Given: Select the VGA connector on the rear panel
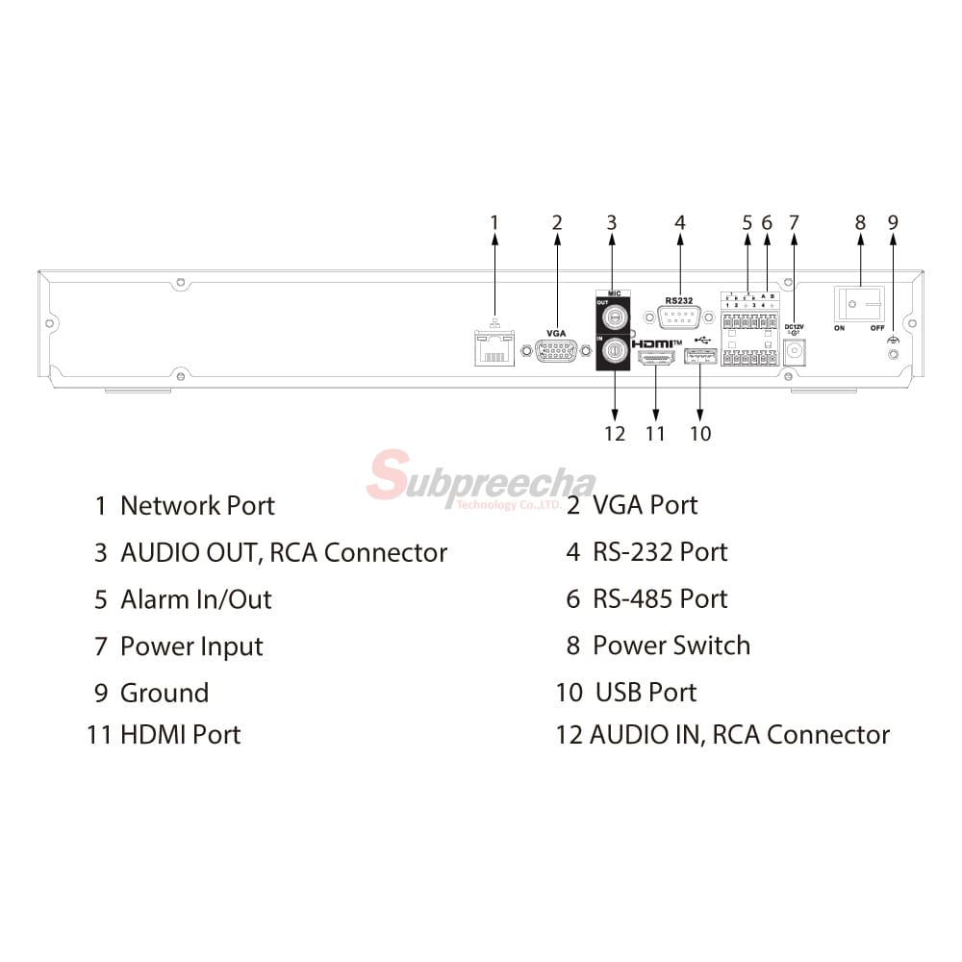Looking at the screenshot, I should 556,352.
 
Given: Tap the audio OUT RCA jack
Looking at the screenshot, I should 612,314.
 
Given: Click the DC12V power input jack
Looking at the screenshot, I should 795,351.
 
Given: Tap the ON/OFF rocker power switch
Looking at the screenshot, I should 860,305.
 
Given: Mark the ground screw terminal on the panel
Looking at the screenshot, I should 894,354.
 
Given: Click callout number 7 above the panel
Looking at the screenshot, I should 794,223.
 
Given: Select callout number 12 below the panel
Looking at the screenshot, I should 615,434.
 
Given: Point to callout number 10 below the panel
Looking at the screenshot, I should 700,434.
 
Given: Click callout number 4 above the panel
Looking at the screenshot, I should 680,223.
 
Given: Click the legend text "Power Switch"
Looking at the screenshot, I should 671,646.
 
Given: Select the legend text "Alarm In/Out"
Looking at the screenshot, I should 195,599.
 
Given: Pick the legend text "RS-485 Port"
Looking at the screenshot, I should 660,598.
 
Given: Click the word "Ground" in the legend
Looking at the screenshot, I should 164,693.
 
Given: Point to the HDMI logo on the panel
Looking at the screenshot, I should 657,343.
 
